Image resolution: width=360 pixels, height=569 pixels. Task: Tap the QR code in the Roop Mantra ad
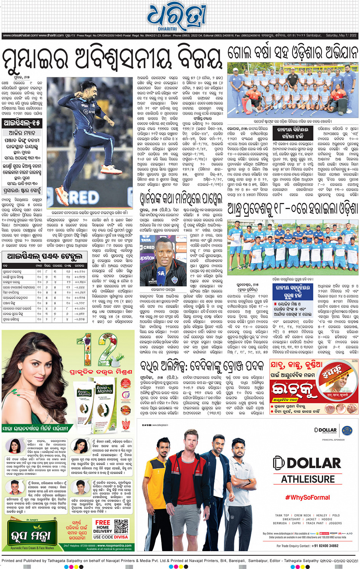click(x=121, y=526)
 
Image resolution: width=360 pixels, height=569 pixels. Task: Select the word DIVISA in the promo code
click(x=121, y=537)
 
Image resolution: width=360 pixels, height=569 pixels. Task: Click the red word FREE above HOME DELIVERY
click(x=103, y=523)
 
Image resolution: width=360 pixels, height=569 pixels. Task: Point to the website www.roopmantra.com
click(x=114, y=545)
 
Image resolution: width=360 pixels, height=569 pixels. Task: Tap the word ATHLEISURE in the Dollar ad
click(x=308, y=479)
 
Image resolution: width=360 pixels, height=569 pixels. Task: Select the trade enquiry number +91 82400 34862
click(x=323, y=546)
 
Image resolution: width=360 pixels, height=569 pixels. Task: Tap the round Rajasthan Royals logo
click(x=347, y=430)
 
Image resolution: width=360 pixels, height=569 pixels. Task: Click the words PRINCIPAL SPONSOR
click(x=333, y=440)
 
